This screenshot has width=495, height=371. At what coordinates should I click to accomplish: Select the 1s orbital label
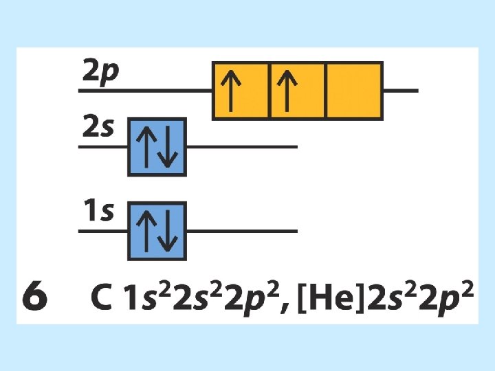(x=98, y=212)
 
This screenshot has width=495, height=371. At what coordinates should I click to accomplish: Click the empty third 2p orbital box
(x=354, y=91)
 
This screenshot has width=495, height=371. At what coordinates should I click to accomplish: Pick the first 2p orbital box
(x=241, y=91)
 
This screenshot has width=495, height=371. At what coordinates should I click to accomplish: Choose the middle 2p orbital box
(x=298, y=91)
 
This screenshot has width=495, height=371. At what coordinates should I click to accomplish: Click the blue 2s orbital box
(x=157, y=146)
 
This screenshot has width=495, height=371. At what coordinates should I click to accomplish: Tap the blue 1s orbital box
(x=157, y=231)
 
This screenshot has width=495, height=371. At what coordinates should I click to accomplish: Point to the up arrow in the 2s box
(x=146, y=147)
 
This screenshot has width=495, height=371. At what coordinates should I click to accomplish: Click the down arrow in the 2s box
(x=167, y=147)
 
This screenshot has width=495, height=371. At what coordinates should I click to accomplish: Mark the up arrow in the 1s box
(x=146, y=232)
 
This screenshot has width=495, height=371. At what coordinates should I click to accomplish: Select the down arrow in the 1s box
(x=167, y=232)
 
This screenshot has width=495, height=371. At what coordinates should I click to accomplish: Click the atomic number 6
(x=35, y=298)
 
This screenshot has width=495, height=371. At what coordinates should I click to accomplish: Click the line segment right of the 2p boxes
(x=400, y=91)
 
